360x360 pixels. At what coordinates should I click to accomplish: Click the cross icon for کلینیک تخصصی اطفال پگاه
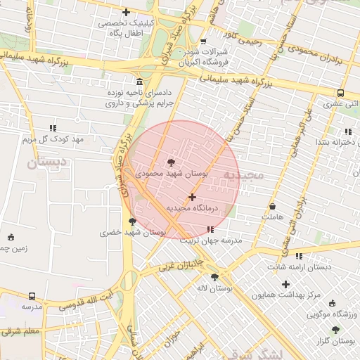point(126,12)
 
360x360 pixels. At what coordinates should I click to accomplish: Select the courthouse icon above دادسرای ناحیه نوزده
point(139,82)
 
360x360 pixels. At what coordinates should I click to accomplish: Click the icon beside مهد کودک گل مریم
point(53,129)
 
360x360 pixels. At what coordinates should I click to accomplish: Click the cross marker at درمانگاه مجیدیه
point(192,198)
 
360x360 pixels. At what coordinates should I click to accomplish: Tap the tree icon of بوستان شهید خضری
point(133,221)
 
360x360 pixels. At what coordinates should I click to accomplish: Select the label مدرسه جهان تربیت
point(212,240)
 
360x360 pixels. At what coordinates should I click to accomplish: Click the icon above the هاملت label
point(272,207)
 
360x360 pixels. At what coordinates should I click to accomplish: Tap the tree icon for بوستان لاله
point(214,277)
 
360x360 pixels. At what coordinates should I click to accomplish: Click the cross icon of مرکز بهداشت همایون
point(285,285)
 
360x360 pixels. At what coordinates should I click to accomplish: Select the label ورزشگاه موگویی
point(331,313)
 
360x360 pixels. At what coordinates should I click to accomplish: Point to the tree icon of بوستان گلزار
point(335,330)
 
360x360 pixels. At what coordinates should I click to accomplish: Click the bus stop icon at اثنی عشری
point(340,93)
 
